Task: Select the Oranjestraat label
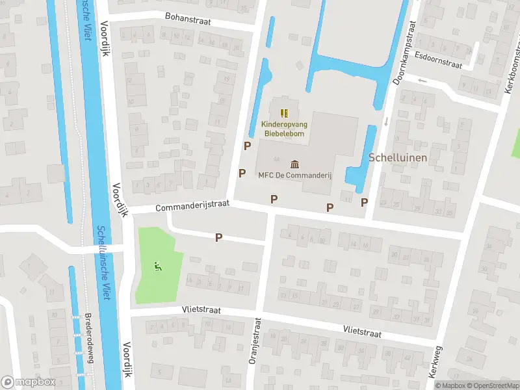click(x=255, y=350)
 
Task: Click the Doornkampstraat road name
click(x=404, y=51)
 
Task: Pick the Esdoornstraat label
click(x=438, y=60)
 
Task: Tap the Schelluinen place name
click(x=398, y=157)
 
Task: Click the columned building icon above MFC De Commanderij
click(x=295, y=163)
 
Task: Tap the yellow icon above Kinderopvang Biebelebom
click(x=283, y=113)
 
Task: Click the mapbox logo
click(x=29, y=382)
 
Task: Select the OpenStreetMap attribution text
click(x=492, y=385)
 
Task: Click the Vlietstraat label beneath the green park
click(x=201, y=311)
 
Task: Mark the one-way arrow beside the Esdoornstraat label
click(x=423, y=81)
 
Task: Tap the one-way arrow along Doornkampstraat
click(x=385, y=122)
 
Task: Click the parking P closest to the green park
click(x=219, y=238)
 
